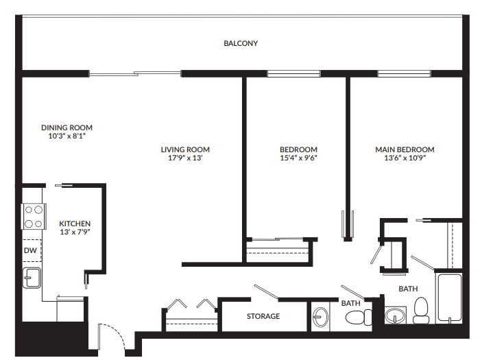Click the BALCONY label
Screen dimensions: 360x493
[x=241, y=43]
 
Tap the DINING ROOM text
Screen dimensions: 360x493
[x=67, y=128]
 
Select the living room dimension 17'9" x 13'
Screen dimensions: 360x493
[x=185, y=158]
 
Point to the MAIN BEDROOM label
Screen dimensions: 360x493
[x=405, y=149]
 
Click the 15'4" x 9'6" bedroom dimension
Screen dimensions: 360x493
[x=298, y=158]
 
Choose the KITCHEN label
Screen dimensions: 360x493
[x=75, y=224]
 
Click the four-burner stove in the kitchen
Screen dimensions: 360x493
[x=33, y=217]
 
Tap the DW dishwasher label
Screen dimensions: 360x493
[x=30, y=250]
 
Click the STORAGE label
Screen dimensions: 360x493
[x=263, y=316]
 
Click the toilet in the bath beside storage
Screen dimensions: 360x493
[x=357, y=317]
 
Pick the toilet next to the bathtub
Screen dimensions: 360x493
[x=421, y=311]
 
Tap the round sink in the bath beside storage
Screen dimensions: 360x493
[x=321, y=317]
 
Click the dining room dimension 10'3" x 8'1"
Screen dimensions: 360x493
[x=67, y=136]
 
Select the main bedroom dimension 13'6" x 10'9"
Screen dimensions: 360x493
[x=405, y=158]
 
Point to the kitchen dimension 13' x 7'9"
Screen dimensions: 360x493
[x=75, y=232]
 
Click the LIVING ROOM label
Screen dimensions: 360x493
[x=185, y=149]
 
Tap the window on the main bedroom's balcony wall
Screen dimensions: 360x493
[x=400, y=73]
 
